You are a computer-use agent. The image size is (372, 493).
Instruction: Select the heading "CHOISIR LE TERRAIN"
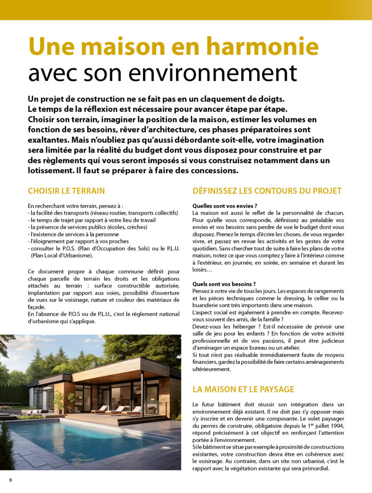click(66, 191)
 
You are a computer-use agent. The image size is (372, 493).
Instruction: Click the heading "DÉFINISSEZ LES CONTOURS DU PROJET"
click(267, 191)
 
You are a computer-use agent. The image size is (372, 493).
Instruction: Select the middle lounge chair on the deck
click(116, 410)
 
